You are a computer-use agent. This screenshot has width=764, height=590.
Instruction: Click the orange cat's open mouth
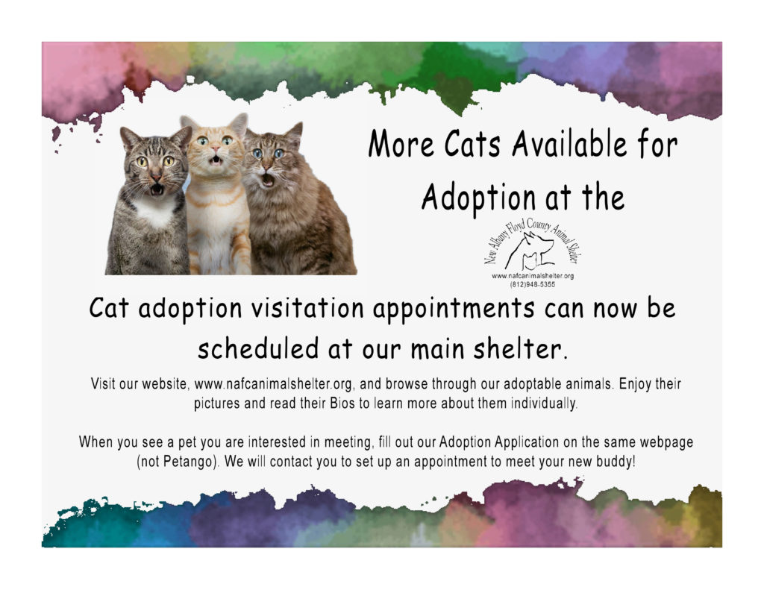click(216, 160)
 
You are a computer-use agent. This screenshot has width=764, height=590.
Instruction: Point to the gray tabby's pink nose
click(155, 176)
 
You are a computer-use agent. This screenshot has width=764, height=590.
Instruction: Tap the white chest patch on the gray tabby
click(155, 212)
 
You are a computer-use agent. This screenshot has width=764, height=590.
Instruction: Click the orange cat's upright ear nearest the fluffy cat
click(239, 124)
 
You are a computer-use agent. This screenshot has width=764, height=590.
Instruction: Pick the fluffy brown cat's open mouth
click(268, 179)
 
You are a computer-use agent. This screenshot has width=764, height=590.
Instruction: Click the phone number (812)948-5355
click(533, 284)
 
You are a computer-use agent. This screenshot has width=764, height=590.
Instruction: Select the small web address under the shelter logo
click(533, 276)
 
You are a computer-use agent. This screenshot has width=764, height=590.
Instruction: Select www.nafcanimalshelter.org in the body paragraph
click(273, 384)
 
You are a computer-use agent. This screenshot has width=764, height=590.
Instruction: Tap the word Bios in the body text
click(342, 404)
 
